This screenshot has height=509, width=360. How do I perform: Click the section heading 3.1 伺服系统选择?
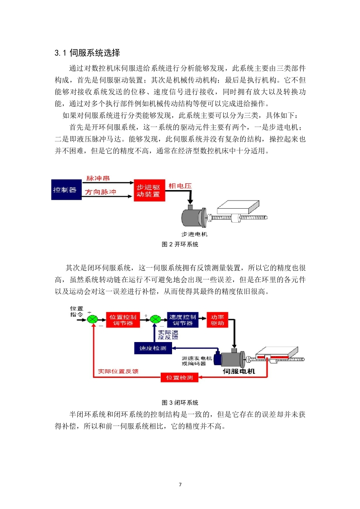pyautogui.click(x=88, y=53)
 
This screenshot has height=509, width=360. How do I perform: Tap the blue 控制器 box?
pyautogui.click(x=67, y=190)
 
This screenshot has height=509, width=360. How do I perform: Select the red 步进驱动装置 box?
pyautogui.click(x=149, y=191)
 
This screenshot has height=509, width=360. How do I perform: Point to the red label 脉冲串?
pyautogui.click(x=98, y=178)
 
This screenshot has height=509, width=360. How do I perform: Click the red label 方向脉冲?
pyautogui.click(x=100, y=192)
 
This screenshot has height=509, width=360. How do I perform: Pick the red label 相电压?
pyautogui.click(x=180, y=186)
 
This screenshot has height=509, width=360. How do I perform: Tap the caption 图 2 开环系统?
pyautogui.click(x=180, y=244)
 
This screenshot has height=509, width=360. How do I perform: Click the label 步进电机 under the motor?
pyautogui.click(x=194, y=234)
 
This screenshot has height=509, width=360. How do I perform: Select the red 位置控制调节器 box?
pyautogui.click(x=123, y=320)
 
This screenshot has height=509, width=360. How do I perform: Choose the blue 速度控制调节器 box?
pyautogui.click(x=182, y=320)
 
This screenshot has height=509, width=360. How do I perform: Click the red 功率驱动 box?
pyautogui.click(x=217, y=320)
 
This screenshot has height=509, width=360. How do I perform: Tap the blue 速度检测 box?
pyautogui.click(x=153, y=348)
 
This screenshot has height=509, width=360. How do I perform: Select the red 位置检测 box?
pyautogui.click(x=180, y=377)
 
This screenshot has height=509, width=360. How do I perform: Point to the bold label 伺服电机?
pyautogui.click(x=239, y=372)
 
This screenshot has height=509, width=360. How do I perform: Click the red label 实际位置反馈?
pyautogui.click(x=118, y=372)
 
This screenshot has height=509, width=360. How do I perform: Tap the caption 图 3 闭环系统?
pyautogui.click(x=180, y=402)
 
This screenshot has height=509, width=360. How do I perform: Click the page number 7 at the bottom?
pyautogui.click(x=180, y=485)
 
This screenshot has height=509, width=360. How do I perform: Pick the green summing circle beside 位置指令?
pyautogui.click(x=93, y=319)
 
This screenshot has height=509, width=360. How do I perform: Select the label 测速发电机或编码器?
pyautogui.click(x=197, y=361)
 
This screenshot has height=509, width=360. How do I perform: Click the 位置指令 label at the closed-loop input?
pyautogui.click(x=77, y=311)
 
